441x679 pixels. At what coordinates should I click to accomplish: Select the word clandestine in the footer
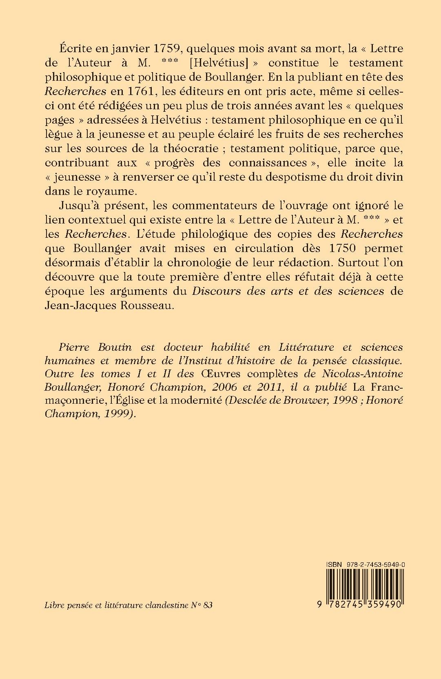[x=167, y=605]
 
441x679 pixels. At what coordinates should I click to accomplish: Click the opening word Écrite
[x=74, y=49]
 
